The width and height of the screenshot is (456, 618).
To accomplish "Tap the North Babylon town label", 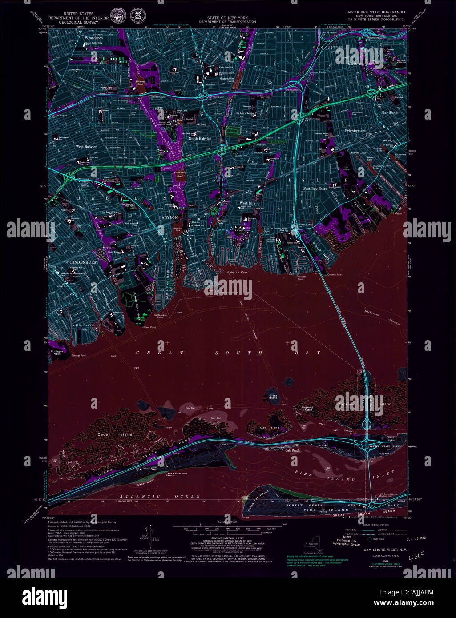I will point(200,139).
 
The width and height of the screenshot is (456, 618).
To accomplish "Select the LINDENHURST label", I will point(84,262).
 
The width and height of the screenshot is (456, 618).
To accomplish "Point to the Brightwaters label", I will point(355,131).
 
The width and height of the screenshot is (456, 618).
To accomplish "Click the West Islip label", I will point(247,203).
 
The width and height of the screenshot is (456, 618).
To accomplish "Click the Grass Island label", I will point(273,397).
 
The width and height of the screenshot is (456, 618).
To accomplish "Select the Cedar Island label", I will point(109,434).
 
